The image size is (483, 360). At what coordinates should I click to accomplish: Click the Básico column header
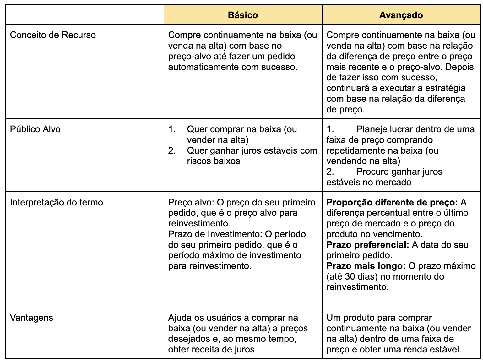243,15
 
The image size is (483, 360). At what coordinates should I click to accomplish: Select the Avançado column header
401,15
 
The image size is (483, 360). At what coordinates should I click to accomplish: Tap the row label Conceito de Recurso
53,35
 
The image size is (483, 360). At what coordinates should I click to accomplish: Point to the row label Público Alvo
35,129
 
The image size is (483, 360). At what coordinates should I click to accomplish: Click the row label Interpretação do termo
57,202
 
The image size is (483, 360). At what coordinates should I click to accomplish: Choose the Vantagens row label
31,318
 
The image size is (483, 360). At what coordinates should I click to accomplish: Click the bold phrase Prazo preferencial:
368,245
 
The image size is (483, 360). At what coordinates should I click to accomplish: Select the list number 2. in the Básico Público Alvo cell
172,150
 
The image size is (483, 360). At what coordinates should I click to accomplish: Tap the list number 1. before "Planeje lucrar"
330,129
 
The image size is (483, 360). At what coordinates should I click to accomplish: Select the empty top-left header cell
85,15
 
